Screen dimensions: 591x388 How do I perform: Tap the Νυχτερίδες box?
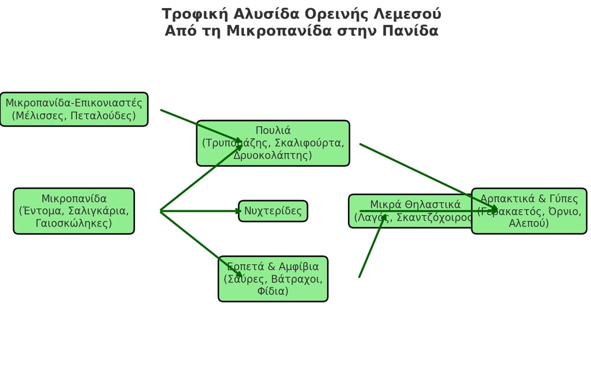[x=273, y=211]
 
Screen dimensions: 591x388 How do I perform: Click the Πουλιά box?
[x=273, y=143]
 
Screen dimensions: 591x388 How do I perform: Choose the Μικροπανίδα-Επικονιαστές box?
[x=74, y=110]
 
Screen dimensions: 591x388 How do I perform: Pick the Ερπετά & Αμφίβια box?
[x=273, y=278]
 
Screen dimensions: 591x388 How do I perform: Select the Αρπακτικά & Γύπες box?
[x=529, y=211]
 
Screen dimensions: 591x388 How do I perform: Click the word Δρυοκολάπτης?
[x=273, y=156]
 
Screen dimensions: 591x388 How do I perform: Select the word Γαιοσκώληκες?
[x=74, y=223]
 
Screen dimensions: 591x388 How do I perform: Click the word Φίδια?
[x=273, y=291]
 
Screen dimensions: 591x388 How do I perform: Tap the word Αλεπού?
[x=529, y=223]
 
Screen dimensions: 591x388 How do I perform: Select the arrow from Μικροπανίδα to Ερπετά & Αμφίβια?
[x=199, y=243]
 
